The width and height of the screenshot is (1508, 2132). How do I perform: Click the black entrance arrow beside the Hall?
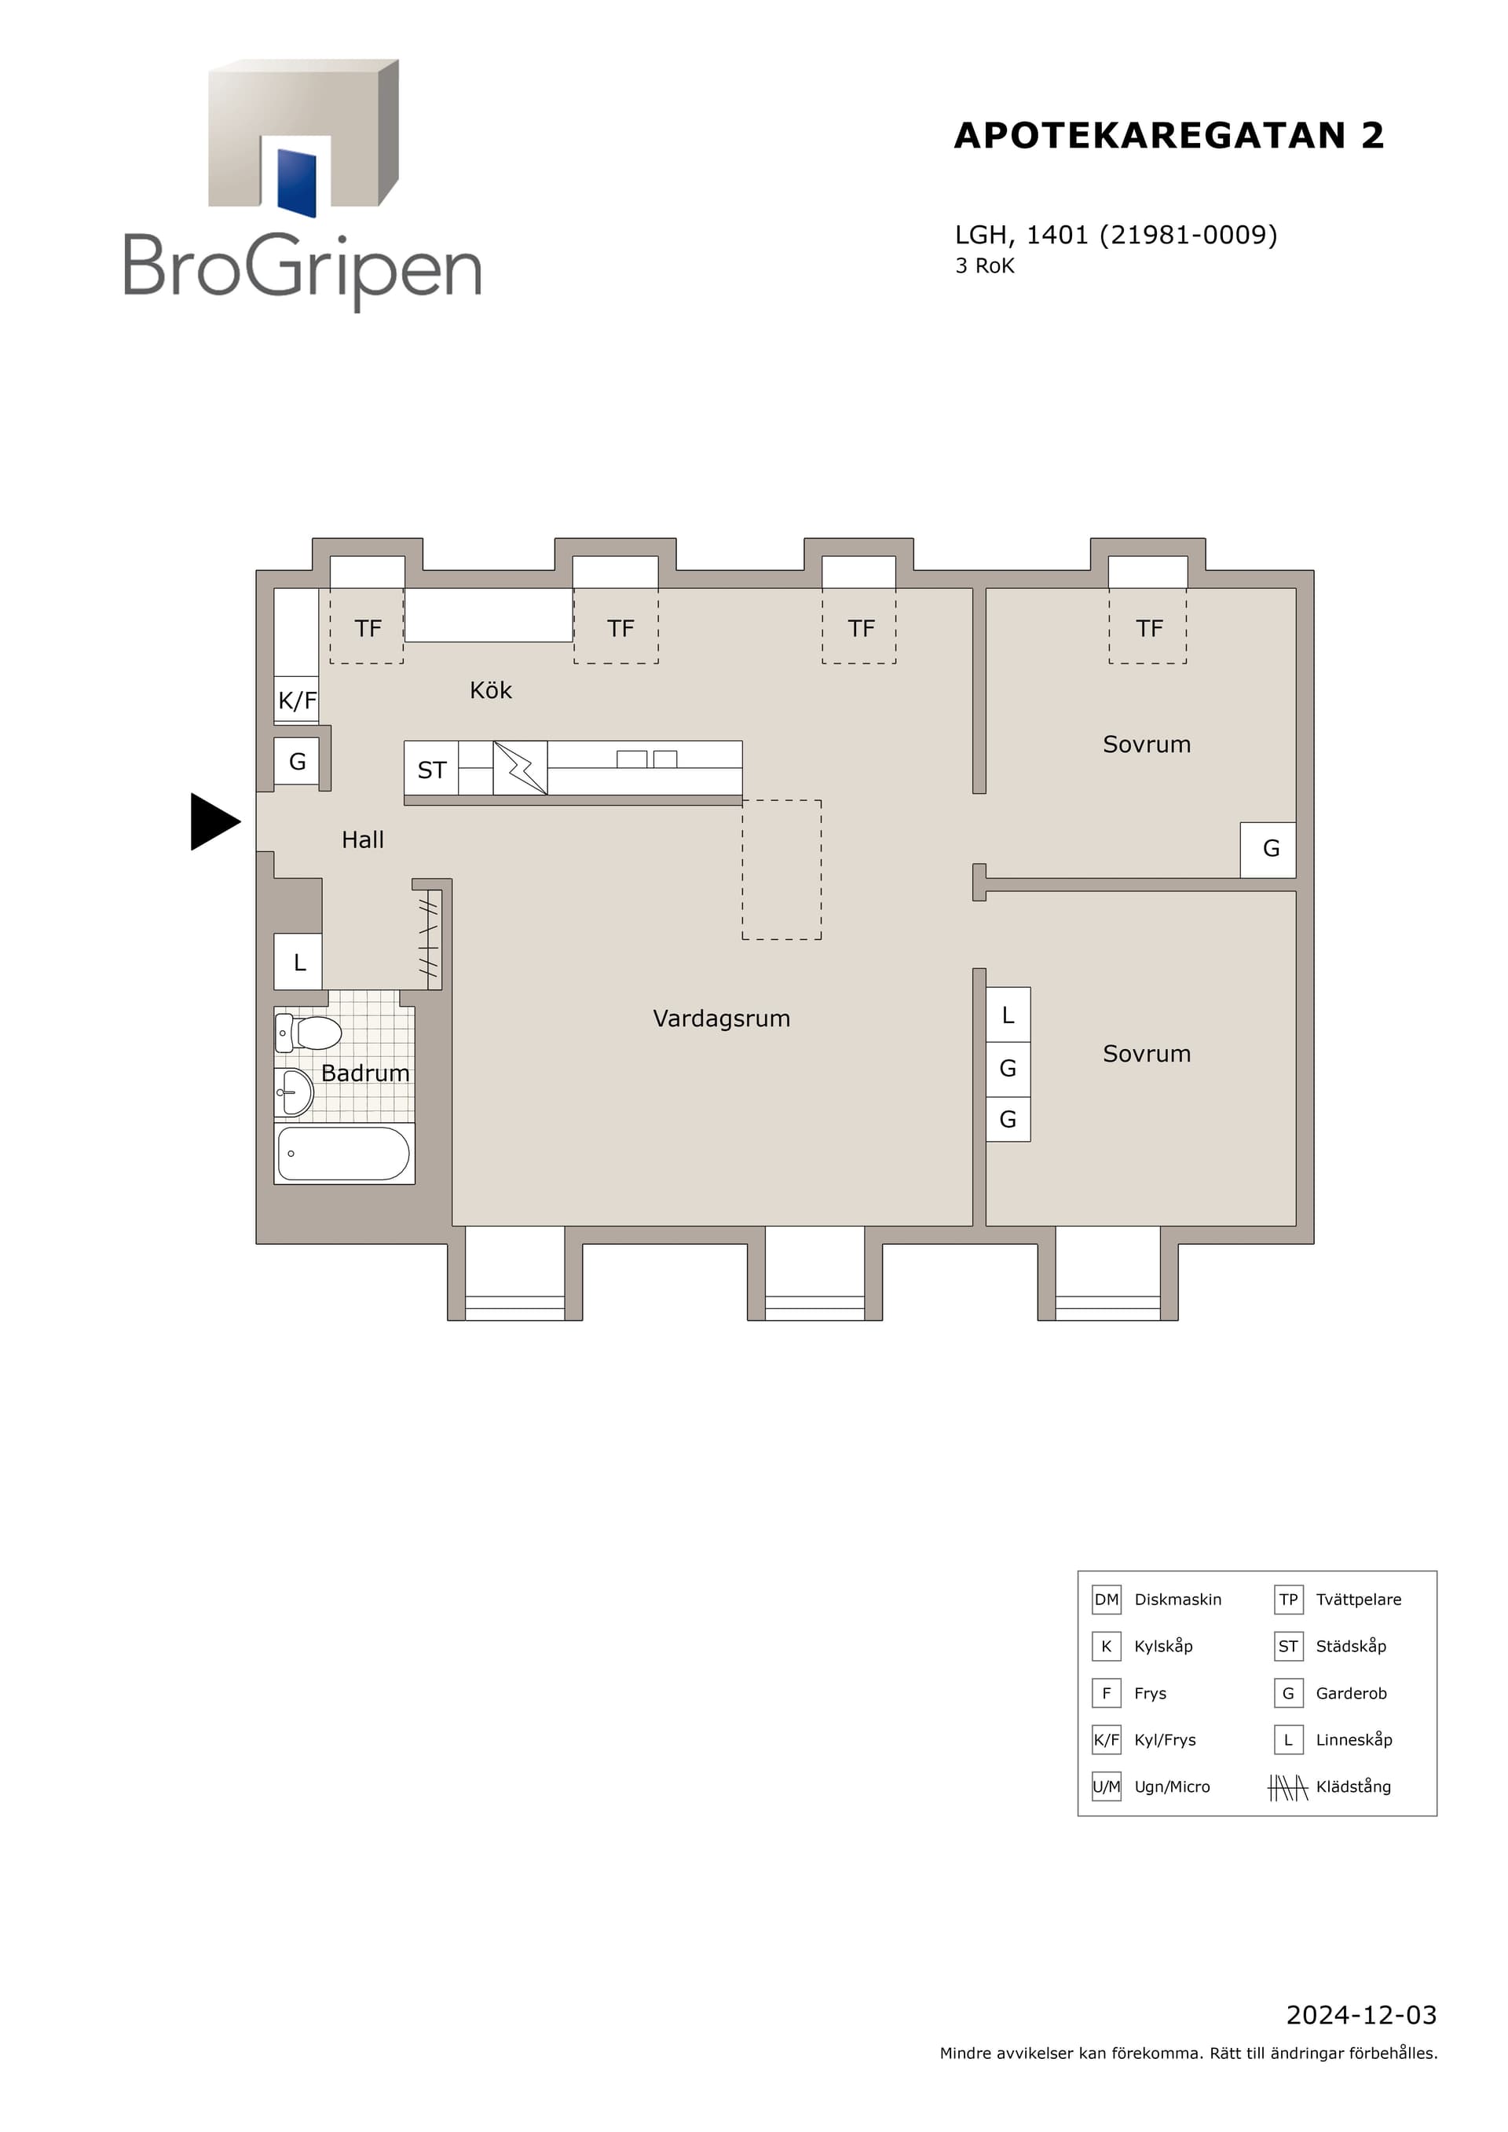[214, 822]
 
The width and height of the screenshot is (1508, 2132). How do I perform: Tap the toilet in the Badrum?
[309, 1033]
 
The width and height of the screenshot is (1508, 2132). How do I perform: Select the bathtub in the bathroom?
[343, 1154]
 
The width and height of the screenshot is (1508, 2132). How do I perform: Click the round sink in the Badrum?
[295, 1092]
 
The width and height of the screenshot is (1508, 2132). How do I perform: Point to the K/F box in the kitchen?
[297, 700]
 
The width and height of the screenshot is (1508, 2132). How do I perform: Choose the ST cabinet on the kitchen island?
[432, 769]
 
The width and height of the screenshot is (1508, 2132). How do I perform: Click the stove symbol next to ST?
[520, 768]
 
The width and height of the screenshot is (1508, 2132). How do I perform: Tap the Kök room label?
[490, 690]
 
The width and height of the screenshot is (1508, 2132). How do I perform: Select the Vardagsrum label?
[722, 1018]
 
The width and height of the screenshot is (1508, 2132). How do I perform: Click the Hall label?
[362, 839]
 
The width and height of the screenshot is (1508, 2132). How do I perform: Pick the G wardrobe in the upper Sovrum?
[1269, 849]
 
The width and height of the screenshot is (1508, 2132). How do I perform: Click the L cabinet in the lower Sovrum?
[1008, 1015]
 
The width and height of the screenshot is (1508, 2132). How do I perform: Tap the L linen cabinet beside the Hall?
[298, 962]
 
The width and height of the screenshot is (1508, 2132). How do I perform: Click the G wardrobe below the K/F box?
[297, 762]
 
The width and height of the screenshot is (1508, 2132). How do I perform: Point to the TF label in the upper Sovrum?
[1148, 629]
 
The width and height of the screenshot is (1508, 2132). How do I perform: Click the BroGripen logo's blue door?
[297, 182]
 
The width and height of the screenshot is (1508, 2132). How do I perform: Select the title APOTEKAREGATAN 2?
[1169, 136]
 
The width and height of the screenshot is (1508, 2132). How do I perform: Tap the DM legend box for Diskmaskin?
[1106, 1599]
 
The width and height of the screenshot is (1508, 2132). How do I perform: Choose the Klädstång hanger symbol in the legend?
[1288, 1786]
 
